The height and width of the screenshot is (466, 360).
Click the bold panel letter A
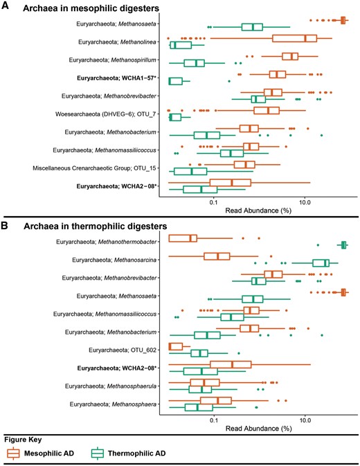point(6,7)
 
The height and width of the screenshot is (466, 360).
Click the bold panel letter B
point(6,226)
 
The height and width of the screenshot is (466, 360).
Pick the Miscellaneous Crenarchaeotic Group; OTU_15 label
point(99,167)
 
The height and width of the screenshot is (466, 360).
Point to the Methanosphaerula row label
point(114,386)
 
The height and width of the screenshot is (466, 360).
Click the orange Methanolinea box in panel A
point(294,38)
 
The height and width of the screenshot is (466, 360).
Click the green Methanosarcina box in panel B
point(321,263)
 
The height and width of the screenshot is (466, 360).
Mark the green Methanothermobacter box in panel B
point(343,245)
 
